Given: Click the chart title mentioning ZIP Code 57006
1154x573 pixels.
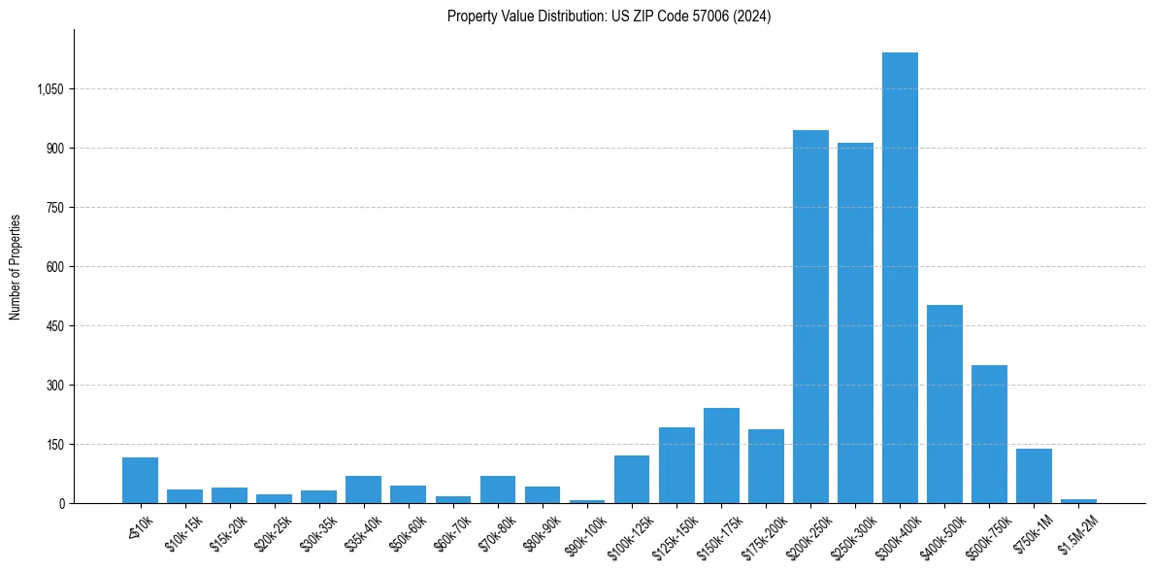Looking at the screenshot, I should pyautogui.click(x=609, y=16).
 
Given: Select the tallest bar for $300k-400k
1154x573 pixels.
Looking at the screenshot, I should pyautogui.click(x=900, y=278).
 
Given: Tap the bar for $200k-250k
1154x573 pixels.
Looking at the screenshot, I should pyautogui.click(x=810, y=317).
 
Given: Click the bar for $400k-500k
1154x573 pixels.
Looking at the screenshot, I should pyautogui.click(x=944, y=404).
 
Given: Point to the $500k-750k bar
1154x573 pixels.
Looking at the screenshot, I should pyautogui.click(x=989, y=434).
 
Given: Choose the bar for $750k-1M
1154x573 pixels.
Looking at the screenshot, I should pyautogui.click(x=1034, y=476).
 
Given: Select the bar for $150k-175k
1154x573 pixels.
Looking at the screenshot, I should pyautogui.click(x=721, y=455).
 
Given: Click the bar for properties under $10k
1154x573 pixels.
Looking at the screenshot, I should pyautogui.click(x=140, y=480).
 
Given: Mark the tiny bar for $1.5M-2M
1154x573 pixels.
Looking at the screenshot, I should pyautogui.click(x=1078, y=501).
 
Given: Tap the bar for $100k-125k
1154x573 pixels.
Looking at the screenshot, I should pyautogui.click(x=632, y=479).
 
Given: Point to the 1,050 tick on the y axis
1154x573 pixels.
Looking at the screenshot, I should pyautogui.click(x=49, y=89).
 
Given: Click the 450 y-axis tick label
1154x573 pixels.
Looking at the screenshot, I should pyautogui.click(x=54, y=326).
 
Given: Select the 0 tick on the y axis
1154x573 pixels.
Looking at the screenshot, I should pyautogui.click(x=61, y=503).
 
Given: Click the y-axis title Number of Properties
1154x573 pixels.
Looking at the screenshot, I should pyautogui.click(x=16, y=266).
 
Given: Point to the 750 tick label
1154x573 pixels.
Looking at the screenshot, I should pyautogui.click(x=54, y=208).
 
